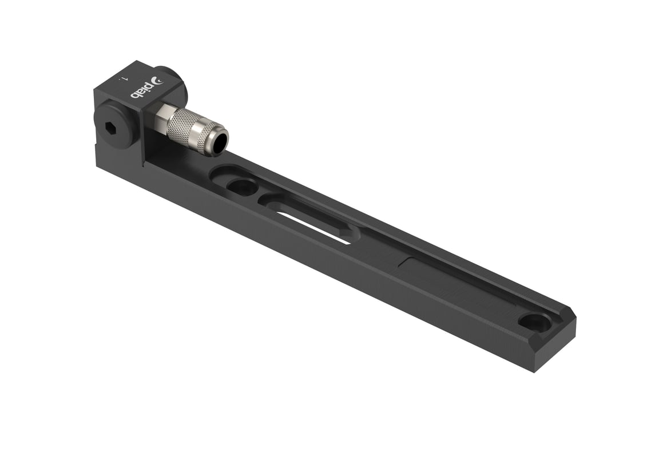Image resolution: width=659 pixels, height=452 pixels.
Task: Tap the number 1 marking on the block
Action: [x=121, y=78]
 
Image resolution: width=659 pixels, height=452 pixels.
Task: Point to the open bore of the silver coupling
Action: [x=218, y=142]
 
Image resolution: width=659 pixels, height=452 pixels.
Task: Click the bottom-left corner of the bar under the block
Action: [x=98, y=166]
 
